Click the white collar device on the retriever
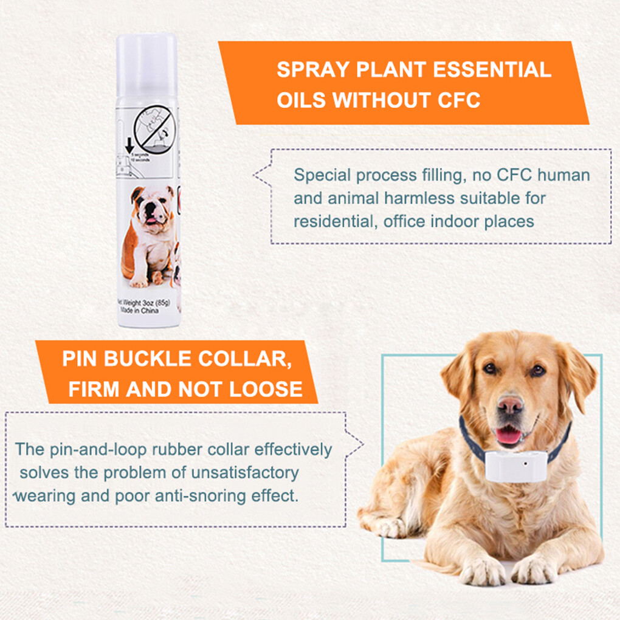click(516, 466)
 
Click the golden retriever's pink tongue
click(508, 435)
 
